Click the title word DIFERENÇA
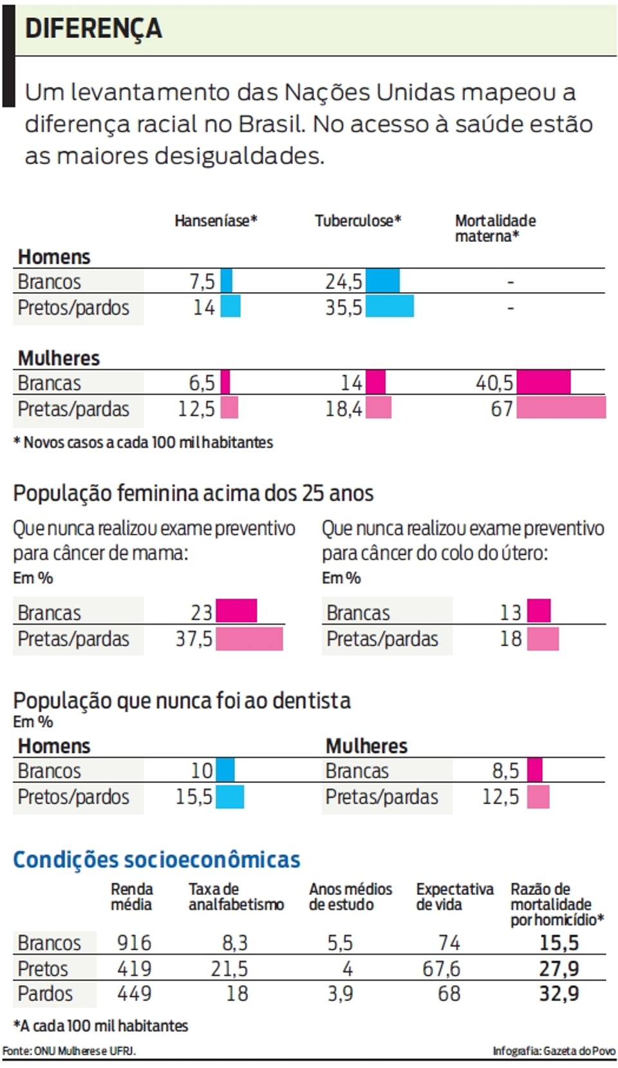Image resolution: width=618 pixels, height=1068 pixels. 93,28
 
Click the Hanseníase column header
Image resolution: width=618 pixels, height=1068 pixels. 216,221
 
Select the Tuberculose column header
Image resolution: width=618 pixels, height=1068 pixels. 358,221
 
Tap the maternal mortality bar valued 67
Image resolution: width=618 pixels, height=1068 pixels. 561,408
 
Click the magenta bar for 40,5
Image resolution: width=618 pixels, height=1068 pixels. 543,382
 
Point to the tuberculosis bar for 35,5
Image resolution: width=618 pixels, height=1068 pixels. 390,307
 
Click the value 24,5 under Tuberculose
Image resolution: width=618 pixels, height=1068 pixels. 344,282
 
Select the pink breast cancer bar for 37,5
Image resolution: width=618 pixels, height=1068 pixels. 249,639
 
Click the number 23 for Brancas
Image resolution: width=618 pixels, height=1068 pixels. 201,612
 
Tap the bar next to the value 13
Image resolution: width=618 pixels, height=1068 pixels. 539,611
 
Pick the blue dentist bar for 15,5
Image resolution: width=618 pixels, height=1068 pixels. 230,796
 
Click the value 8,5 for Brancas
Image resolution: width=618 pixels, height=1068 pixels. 506,771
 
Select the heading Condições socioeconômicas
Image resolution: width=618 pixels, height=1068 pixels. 156,860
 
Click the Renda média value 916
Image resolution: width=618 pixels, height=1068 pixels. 135,943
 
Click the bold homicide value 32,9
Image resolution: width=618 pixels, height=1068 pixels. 559,994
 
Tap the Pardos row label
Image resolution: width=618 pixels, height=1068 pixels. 45,994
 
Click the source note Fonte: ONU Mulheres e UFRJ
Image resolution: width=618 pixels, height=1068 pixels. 69,1051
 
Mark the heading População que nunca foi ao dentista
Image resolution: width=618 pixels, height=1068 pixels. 182,701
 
